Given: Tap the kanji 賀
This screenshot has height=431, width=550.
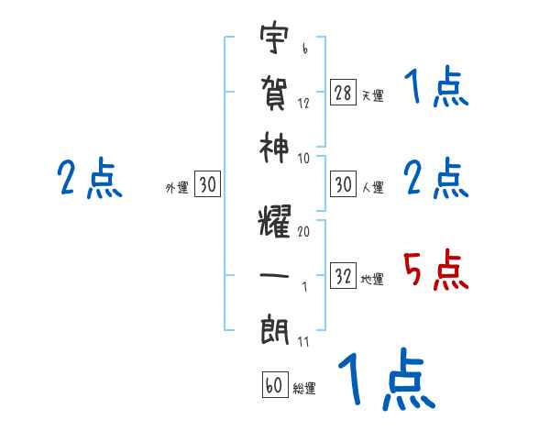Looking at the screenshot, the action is coord(275,92).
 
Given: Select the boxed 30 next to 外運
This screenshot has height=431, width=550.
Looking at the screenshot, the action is coord(208,185).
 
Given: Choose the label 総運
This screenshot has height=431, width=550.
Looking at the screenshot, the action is coord(304,389).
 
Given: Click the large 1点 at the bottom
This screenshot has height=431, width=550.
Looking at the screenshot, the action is coord(384,381).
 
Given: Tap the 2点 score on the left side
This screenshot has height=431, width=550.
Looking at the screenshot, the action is coord(88,179).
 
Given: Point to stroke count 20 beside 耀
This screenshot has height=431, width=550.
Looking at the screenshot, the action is coord(303,232).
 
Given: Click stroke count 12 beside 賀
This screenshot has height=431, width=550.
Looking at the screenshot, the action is coord(303,103).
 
